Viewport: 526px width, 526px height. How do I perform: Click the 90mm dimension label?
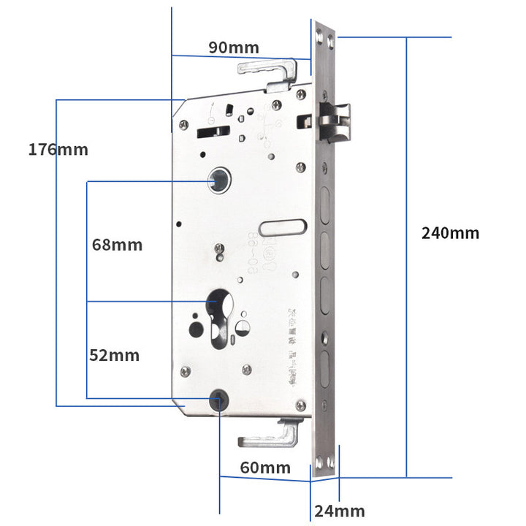coord(233,47)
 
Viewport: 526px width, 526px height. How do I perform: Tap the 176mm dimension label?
coord(58,150)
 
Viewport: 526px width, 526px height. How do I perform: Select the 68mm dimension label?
coord(117,244)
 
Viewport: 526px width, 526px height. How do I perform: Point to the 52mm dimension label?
coord(114,356)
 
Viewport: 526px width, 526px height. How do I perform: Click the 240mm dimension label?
coord(450,233)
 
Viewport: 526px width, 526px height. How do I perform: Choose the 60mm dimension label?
coord(265,468)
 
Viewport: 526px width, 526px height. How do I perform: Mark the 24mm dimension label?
coord(339,511)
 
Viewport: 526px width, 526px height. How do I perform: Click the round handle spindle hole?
coord(218,180)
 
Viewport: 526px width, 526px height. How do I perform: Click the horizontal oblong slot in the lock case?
coord(283,227)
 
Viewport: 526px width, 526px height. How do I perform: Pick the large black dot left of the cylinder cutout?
coord(196,329)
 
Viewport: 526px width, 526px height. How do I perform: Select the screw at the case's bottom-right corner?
coord(300,405)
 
